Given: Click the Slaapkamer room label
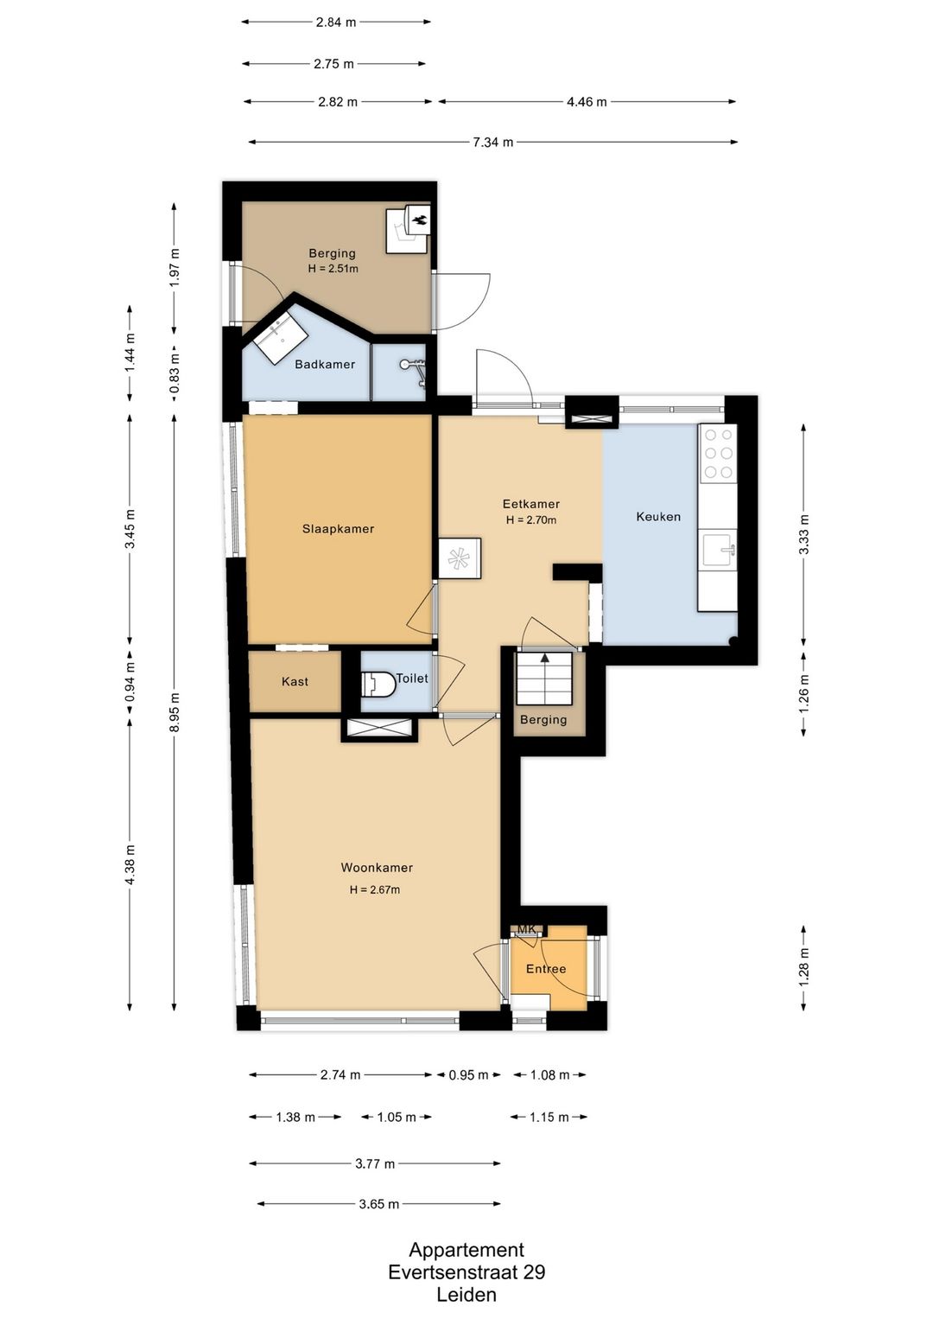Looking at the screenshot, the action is (338, 529).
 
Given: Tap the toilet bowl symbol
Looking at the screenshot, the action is (379, 683).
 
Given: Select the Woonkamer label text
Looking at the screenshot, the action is (377, 867).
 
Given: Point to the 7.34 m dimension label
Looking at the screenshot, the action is (492, 142).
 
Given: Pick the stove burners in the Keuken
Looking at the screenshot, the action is (718, 454).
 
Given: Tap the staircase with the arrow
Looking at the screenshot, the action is (544, 678).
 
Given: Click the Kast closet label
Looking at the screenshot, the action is (295, 681).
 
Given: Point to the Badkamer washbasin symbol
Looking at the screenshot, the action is (283, 341).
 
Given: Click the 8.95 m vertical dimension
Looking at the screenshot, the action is (175, 711).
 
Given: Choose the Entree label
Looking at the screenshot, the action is (546, 969).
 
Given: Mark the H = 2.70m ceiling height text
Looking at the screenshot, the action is (531, 520).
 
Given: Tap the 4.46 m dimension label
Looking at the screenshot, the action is (587, 102).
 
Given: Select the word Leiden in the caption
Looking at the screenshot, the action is (466, 1295).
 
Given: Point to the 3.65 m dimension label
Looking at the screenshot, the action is (379, 1204).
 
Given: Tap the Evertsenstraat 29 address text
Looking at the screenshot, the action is (466, 1272).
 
